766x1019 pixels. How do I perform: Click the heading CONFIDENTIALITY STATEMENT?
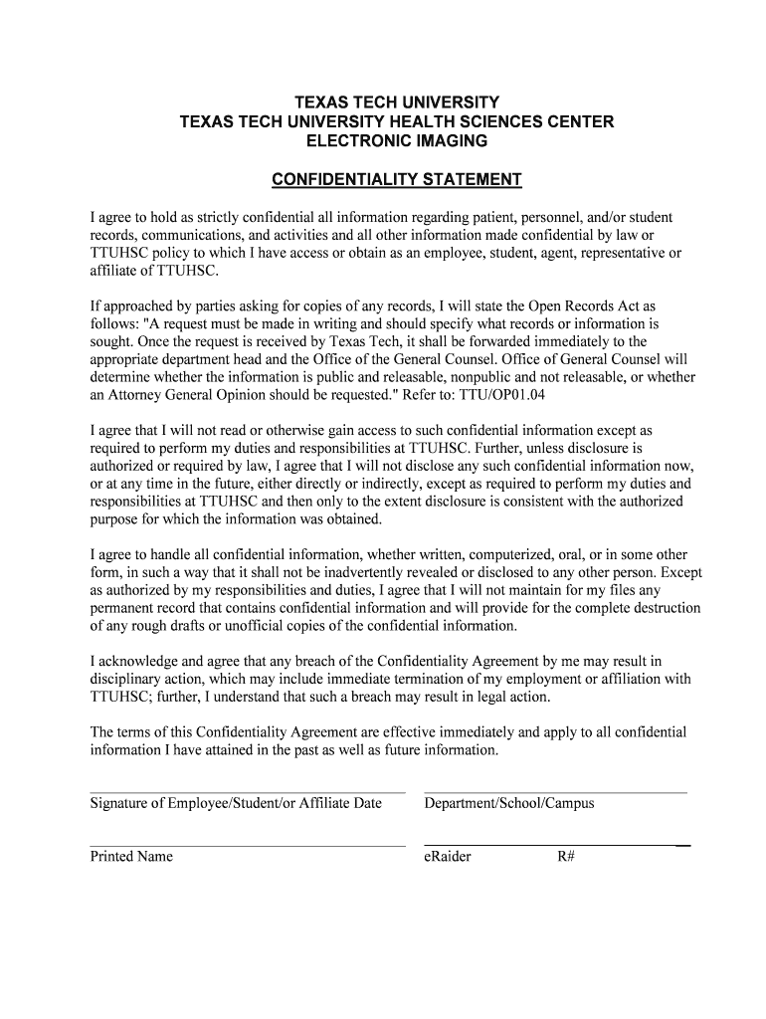(397, 179)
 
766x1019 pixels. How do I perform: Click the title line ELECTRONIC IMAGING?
(396, 141)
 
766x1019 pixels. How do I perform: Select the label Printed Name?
(131, 856)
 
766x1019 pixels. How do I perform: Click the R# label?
(566, 856)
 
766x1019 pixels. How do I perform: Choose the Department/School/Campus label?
(508, 803)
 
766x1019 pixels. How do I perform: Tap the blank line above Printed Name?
(248, 846)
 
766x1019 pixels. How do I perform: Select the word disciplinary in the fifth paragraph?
(125, 679)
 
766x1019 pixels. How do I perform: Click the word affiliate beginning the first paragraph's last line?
(114, 271)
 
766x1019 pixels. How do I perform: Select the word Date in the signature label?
(367, 803)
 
